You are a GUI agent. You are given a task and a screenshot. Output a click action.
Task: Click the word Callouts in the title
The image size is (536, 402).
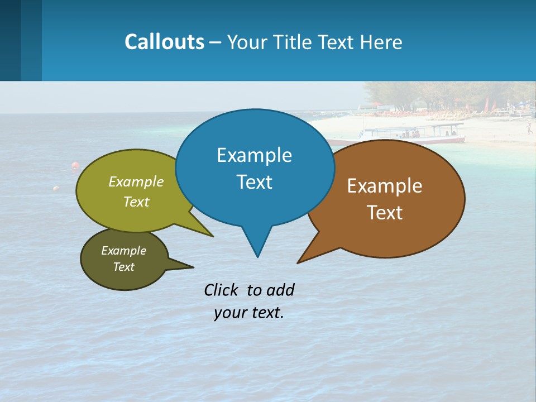[x=164, y=42]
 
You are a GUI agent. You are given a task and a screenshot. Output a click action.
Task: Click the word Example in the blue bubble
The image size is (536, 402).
[x=254, y=155]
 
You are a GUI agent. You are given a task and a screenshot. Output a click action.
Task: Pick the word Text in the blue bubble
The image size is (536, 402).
[x=254, y=182]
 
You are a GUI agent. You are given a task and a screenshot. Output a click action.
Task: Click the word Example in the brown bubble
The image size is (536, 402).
[x=385, y=186]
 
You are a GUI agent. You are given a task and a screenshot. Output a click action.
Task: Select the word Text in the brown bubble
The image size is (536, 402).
[x=385, y=213]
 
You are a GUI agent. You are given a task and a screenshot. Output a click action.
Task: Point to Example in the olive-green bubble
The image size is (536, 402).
[x=136, y=181]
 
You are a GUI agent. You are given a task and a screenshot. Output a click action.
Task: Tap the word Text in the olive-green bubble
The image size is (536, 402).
[x=136, y=202]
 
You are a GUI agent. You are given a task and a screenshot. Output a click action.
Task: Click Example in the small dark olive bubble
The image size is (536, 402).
[x=123, y=251]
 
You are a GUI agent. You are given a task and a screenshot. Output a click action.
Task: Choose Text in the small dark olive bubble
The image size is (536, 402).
[x=123, y=267]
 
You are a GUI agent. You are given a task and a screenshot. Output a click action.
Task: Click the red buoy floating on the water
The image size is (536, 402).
[x=75, y=166]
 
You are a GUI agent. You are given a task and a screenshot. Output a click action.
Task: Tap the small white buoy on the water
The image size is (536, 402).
[x=56, y=189]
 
